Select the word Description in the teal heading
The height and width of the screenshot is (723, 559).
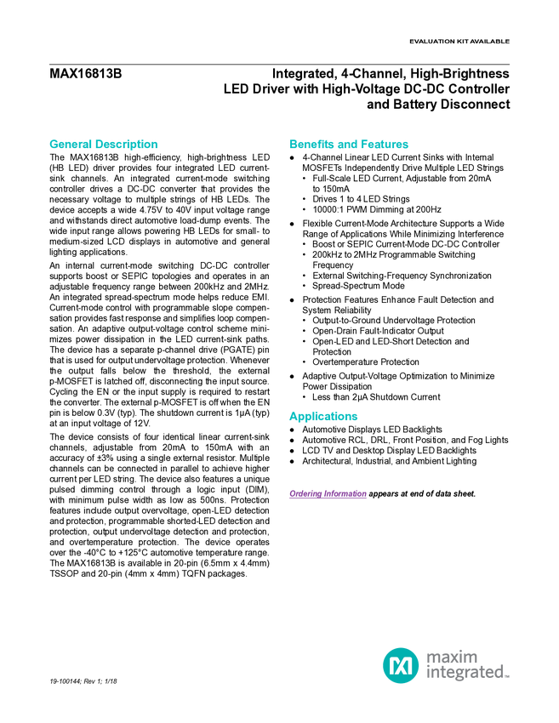click(127, 145)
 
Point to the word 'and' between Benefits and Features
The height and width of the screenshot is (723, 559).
click(349, 145)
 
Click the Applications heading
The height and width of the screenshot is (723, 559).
click(323, 417)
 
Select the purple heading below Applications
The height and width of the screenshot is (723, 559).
click(328, 494)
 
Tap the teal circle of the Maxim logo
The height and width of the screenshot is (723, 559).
click(400, 665)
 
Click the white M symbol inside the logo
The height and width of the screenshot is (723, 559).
click(400, 665)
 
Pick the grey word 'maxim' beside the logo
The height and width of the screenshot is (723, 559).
click(452, 657)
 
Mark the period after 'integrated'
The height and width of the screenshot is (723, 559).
click(508, 677)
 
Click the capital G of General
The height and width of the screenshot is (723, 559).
click(52, 145)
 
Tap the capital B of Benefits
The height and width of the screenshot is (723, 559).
click(293, 145)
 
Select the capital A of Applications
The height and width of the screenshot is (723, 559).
click(292, 417)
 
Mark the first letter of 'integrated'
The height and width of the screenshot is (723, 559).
click(426, 675)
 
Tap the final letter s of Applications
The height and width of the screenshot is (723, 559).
click(357, 418)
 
